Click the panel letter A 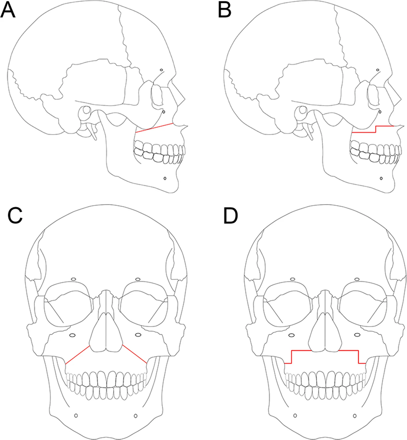tap(8, 10)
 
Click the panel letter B tap(225, 10)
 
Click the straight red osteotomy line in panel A tap(155, 128)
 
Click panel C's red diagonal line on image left tap(78, 355)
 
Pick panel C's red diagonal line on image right tap(135, 354)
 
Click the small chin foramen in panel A tap(165, 178)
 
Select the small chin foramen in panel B tap(381, 178)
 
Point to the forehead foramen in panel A tap(162, 70)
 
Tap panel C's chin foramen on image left tap(76, 416)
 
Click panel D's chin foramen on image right tap(355, 416)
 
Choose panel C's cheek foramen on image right tap(138, 335)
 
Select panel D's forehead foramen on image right tap(357, 279)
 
